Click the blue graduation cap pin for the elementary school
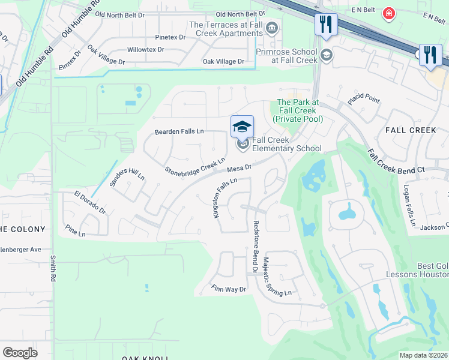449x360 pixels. pos(242,127)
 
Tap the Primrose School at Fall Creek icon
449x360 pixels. pos(327,56)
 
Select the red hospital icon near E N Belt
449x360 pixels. pos(390,13)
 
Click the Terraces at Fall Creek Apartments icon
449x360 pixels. pos(272,28)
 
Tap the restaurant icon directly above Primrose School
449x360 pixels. pos(326,25)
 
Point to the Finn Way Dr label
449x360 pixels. pos(229,289)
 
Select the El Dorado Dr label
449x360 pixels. pos(90,202)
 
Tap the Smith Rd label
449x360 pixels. pos(53,268)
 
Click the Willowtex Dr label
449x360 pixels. pos(145,50)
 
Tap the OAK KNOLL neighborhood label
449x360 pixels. pos(140,358)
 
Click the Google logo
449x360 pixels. pos(20,352)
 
